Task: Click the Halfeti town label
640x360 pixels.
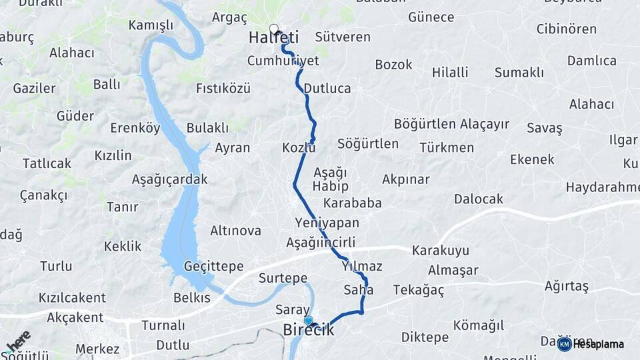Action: pos(273,38)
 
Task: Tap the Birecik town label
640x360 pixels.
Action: pos(308,330)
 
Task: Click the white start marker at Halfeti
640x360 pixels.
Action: pos(273,29)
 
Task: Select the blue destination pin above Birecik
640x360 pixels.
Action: pos(308,320)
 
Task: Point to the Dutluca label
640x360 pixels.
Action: pos(327,88)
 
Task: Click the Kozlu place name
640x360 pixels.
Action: pos(298,147)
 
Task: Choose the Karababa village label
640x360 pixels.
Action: pos(352,203)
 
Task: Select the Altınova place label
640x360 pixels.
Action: pos(235,231)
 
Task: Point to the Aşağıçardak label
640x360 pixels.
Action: pos(169,179)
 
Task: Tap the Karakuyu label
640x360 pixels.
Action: pos(440,251)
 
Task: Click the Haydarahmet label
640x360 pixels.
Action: pos(602,187)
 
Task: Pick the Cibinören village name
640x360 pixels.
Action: pos(566,29)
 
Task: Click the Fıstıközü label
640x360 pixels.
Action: pos(223,88)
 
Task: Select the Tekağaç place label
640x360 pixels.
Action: pos(418,290)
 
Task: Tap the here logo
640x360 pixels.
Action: pos(17,341)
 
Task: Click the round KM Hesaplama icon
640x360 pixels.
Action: pos(564,344)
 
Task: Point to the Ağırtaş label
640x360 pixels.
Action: pos(566,286)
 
